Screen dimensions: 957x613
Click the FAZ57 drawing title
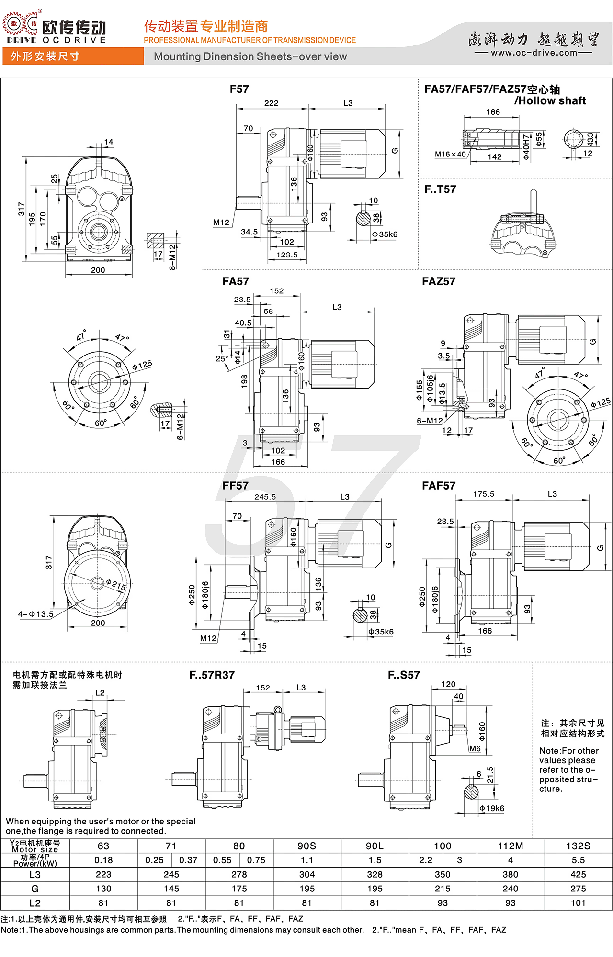click(x=439, y=281)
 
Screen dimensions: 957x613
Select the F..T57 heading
click(x=440, y=189)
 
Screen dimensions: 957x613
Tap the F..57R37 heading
click(x=212, y=675)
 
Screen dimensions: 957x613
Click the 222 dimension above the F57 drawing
click(x=271, y=103)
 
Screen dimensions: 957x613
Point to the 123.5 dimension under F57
click(x=287, y=255)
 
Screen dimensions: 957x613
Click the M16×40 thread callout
click(x=450, y=154)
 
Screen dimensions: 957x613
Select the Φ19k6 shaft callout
click(x=492, y=808)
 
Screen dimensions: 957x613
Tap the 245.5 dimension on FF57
click(x=265, y=497)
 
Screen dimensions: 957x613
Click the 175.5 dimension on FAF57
click(x=484, y=494)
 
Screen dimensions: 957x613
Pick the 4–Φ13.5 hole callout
click(x=36, y=614)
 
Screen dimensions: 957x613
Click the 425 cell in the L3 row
click(x=578, y=874)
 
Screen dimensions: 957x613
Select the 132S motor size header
click(x=578, y=846)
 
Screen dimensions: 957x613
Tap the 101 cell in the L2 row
click(x=578, y=903)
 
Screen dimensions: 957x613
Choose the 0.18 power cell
click(x=103, y=860)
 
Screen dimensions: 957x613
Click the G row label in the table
click(x=35, y=889)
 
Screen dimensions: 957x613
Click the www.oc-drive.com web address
click(x=534, y=53)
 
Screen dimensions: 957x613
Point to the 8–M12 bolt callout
click(x=172, y=257)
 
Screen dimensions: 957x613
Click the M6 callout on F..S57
click(x=475, y=748)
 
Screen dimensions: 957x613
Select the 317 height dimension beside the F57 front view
click(x=21, y=209)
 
